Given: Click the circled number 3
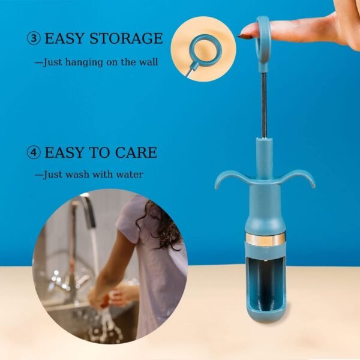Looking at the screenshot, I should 34,39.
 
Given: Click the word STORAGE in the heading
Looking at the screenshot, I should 128,39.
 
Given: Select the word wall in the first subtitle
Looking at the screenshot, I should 148,62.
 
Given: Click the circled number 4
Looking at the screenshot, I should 34,152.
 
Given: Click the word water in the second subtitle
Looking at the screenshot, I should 130,175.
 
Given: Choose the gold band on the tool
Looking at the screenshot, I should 265,240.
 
